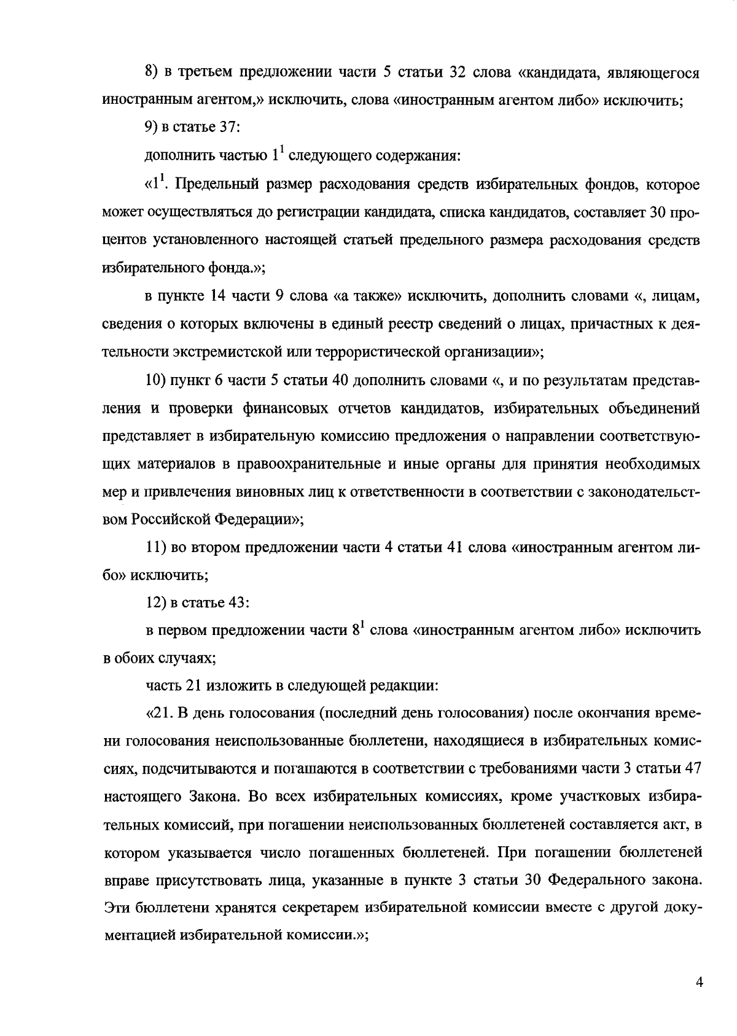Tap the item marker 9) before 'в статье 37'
152,128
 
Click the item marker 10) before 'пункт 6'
156,381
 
